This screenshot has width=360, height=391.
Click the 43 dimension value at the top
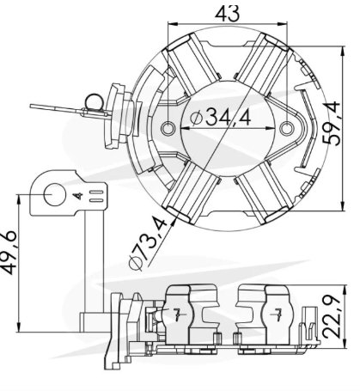[227, 14]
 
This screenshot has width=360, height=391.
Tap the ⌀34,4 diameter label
[221, 117]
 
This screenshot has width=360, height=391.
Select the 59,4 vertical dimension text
[332, 124]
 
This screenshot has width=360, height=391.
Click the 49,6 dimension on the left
[9, 252]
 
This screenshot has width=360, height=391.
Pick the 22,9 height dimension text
[332, 316]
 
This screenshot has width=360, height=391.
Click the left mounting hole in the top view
[168, 128]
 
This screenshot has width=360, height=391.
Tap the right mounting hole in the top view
[286, 128]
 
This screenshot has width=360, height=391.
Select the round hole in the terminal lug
[55, 195]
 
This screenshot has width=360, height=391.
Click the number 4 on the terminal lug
[77, 196]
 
